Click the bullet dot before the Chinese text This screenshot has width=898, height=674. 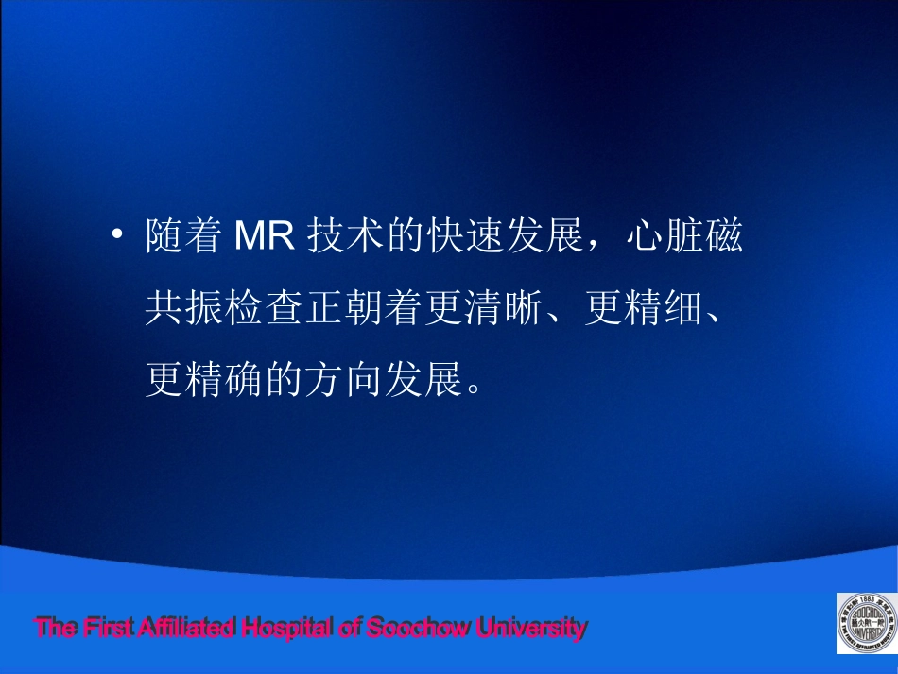[x=117, y=234]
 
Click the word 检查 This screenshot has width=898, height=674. [x=265, y=308]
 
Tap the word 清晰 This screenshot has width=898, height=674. [x=507, y=308]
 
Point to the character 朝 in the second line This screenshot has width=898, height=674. [x=364, y=308]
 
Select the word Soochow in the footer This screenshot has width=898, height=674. [x=416, y=627]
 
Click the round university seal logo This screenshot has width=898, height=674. [x=865, y=623]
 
